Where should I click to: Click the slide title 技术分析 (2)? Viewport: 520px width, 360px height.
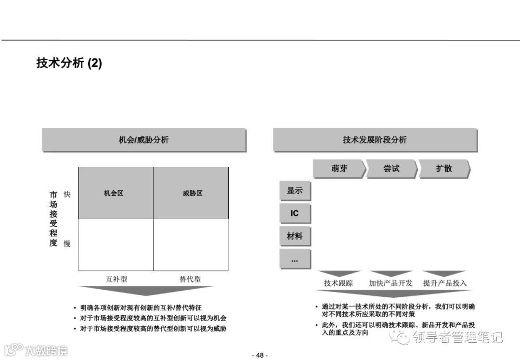tap(69, 63)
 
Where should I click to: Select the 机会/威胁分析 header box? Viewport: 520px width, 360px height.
tap(143, 140)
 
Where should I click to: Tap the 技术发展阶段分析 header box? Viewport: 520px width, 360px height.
tap(375, 140)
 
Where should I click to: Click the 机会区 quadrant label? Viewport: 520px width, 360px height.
tap(114, 193)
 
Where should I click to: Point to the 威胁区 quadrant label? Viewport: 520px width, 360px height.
tap(193, 193)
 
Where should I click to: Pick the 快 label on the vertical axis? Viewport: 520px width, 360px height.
tap(67, 194)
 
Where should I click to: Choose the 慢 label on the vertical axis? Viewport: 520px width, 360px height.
tap(67, 243)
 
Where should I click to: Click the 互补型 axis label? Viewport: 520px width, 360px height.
tap(117, 279)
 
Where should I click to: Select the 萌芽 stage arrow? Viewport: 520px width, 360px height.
tap(339, 169)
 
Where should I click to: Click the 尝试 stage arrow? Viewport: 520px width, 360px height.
tap(391, 169)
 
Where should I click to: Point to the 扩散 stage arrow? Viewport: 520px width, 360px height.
tap(444, 169)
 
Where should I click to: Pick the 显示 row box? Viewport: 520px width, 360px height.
tap(295, 190)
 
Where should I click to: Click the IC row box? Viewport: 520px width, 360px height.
tap(295, 213)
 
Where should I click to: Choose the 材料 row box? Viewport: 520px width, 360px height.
tap(295, 236)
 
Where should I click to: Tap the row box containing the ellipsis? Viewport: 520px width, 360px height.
tap(295, 259)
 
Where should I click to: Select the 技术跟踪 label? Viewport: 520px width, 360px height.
tap(338, 283)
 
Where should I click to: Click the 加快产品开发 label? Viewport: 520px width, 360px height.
tap(391, 283)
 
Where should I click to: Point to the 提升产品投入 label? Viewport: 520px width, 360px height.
tap(445, 283)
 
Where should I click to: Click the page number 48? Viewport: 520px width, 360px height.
tap(260, 355)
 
